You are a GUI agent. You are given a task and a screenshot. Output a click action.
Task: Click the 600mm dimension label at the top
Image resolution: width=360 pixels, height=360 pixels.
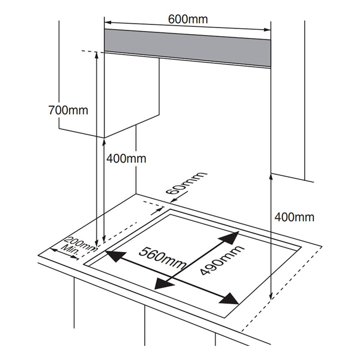coord(188,19)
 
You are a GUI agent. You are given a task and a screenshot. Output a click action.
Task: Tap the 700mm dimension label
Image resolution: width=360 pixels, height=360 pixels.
coord(68,110)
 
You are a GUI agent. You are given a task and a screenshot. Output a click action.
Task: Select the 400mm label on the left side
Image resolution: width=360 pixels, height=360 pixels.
coord(126,159)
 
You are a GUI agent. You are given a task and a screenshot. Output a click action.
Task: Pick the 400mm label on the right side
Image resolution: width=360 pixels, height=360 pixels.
coord(294,217)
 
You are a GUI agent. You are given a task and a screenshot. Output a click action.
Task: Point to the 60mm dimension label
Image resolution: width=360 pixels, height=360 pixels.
coord(186,183)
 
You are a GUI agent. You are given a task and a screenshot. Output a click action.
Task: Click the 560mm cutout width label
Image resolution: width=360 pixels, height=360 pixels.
coord(162,258)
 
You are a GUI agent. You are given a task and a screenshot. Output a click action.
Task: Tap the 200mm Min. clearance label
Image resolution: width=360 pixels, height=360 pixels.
coord(77,247)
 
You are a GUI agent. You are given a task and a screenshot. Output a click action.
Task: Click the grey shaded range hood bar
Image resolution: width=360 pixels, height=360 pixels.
coord(188,48)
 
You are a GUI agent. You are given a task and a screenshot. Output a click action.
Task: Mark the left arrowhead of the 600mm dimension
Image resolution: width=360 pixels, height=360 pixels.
coord(108,22)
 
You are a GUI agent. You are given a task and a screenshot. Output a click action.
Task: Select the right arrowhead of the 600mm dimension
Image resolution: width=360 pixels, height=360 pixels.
coord(267,30)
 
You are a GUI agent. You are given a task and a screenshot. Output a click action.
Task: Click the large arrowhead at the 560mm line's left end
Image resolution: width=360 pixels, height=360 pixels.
coord(116,255)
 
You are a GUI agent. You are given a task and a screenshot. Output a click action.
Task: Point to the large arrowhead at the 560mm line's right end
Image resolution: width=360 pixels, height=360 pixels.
coord(229,299)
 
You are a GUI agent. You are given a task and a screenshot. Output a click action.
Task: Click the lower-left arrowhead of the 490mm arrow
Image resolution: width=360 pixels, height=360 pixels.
coord(163,284)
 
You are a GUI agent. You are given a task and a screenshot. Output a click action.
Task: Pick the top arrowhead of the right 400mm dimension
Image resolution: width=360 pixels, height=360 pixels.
coord(271,178)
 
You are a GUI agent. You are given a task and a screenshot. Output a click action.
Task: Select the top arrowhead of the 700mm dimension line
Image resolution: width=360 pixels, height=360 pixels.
coord(97,55)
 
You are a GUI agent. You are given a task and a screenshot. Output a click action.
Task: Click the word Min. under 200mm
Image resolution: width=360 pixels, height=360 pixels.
coord(70,251)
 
